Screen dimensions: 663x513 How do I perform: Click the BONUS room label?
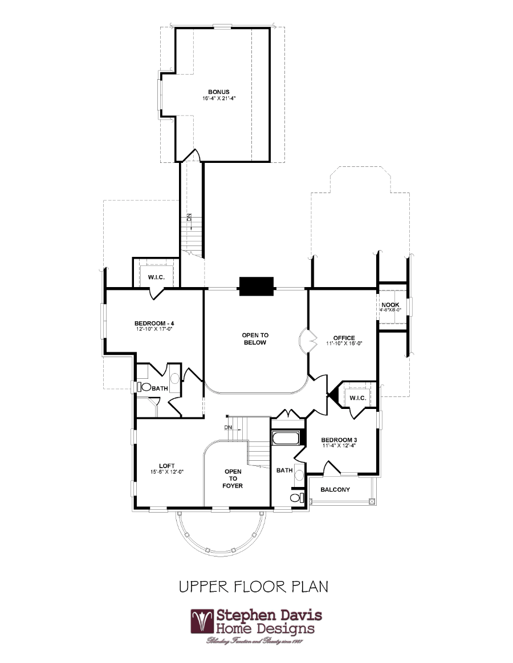click(218, 92)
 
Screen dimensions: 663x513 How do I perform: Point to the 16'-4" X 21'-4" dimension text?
click(218, 99)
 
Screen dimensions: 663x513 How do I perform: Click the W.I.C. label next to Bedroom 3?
click(357, 398)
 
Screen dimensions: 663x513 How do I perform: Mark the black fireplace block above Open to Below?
click(256, 286)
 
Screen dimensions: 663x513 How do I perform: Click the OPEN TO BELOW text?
click(255, 339)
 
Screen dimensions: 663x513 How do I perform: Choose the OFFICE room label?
click(344, 338)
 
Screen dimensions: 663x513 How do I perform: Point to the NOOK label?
click(390, 305)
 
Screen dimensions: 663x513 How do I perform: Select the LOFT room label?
click(166, 465)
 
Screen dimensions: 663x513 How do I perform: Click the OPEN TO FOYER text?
click(233, 478)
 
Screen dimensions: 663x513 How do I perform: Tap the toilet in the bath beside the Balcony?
click(295, 498)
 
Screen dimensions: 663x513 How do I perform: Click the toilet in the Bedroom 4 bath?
click(145, 387)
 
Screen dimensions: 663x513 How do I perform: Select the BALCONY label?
click(335, 490)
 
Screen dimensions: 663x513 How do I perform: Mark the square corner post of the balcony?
click(372, 502)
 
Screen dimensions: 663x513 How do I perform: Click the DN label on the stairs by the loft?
click(228, 427)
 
